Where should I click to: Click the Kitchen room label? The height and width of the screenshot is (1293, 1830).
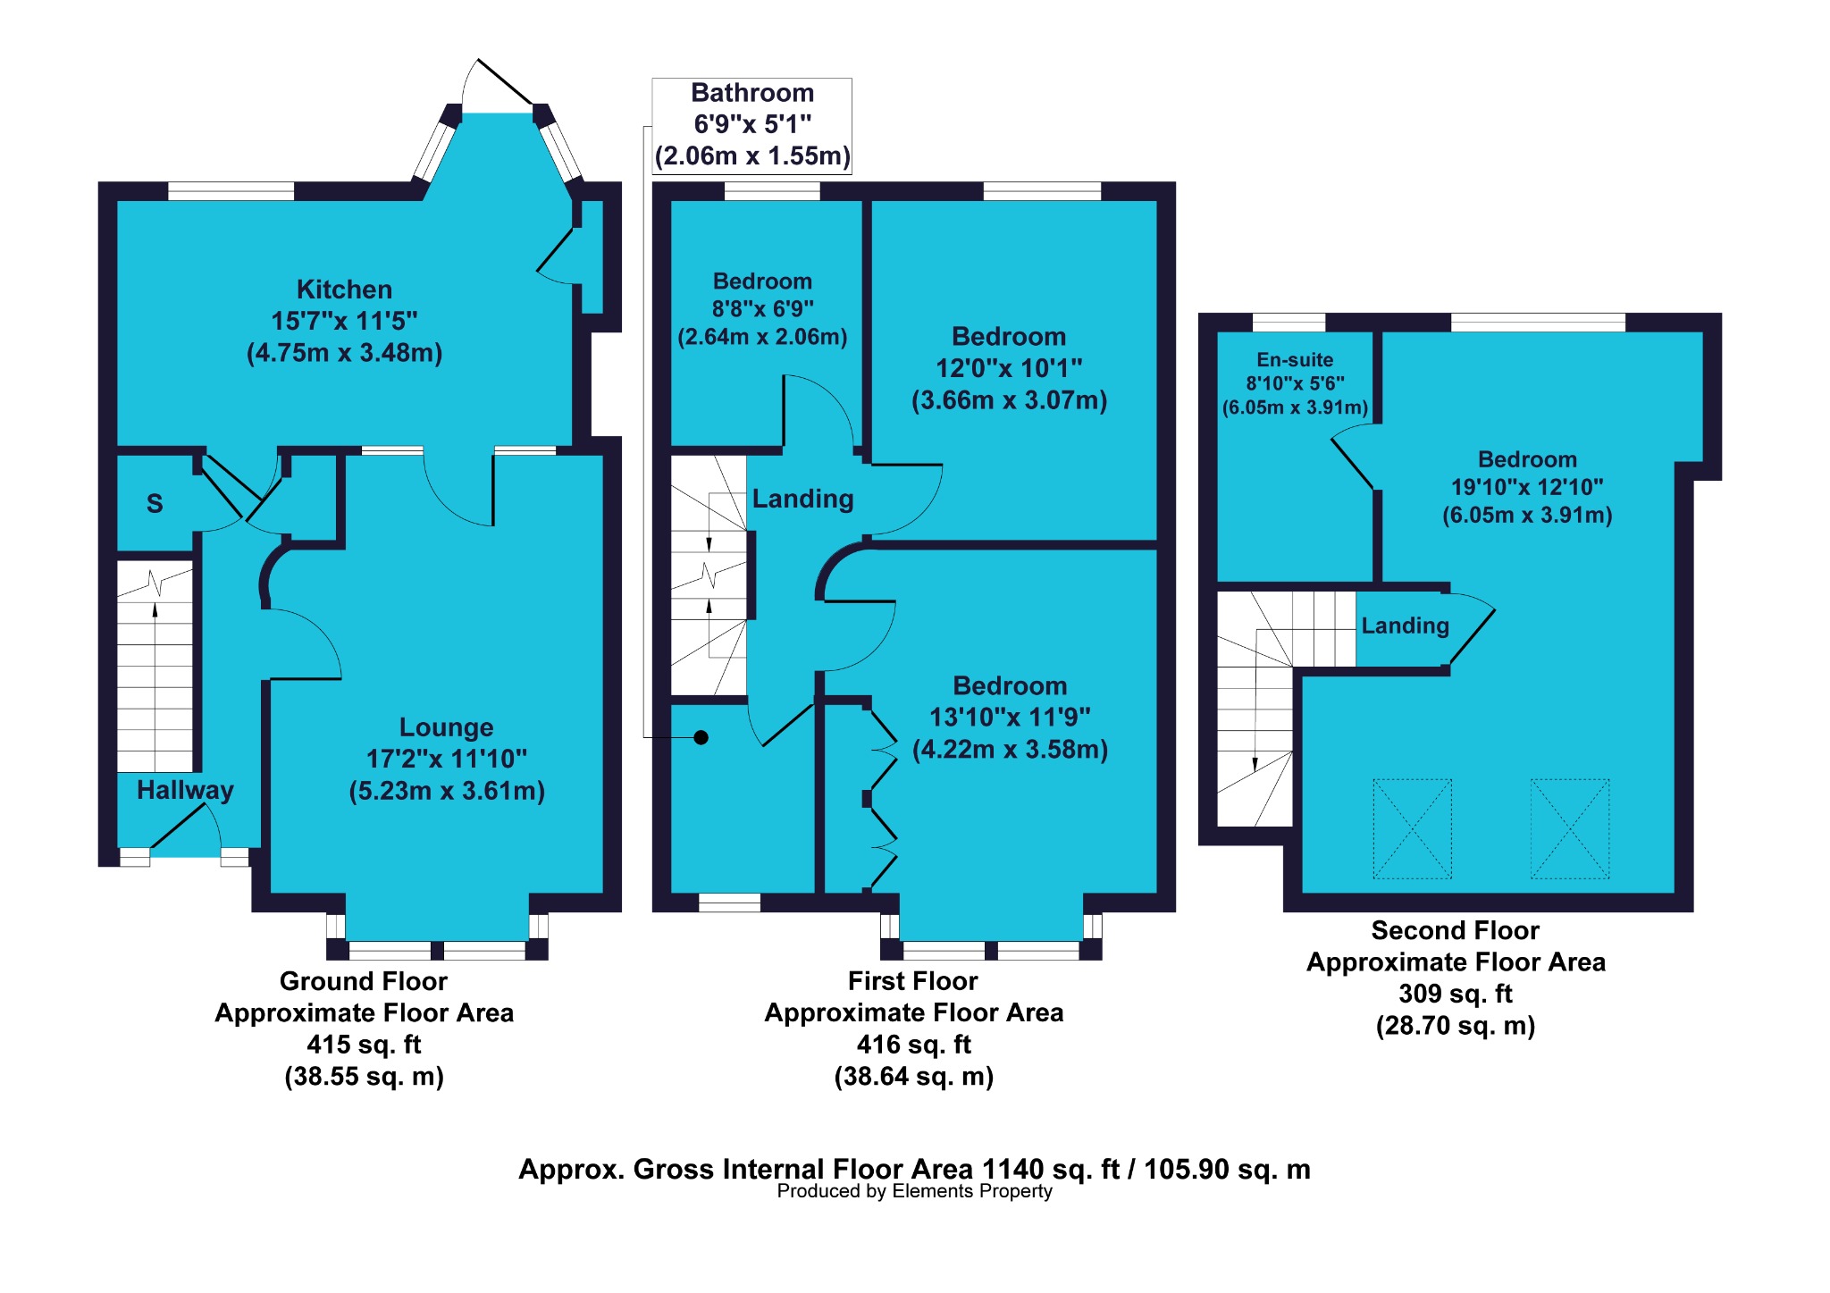(x=344, y=290)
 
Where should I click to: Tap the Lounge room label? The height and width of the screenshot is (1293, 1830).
(x=446, y=727)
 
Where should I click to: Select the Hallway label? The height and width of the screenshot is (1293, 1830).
(x=185, y=790)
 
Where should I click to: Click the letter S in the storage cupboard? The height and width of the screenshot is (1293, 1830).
(x=155, y=504)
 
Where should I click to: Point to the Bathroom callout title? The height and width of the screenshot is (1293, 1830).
(x=752, y=93)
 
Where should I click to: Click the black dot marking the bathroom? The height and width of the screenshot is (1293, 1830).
(x=701, y=737)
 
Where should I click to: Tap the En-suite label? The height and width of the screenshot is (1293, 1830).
(x=1295, y=360)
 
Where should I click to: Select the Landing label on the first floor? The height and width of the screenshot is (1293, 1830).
(x=802, y=500)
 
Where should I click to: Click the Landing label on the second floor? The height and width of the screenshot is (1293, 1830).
(x=1405, y=626)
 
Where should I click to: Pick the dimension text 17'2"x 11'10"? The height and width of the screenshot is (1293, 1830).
(x=446, y=759)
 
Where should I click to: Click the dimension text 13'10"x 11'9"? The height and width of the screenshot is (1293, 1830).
(x=1010, y=718)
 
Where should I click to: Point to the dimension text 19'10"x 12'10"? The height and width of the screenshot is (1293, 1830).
(x=1527, y=487)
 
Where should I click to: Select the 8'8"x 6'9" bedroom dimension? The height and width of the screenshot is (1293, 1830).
(x=762, y=309)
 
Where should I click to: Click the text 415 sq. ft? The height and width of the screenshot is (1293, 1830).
(x=364, y=1045)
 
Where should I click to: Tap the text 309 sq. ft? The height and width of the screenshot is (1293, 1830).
(x=1456, y=994)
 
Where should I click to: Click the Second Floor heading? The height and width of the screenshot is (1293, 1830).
(x=1456, y=931)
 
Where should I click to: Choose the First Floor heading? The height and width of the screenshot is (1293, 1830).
(x=912, y=981)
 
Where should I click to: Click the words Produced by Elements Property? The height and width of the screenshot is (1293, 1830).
(x=914, y=1191)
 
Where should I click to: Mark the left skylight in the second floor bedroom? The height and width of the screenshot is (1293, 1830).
(x=1412, y=828)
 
